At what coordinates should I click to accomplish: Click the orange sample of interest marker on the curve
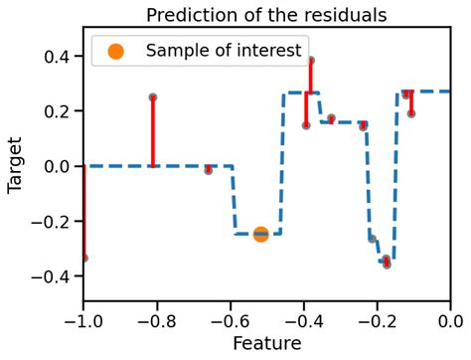coord(260,234)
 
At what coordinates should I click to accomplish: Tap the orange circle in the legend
coord(115,51)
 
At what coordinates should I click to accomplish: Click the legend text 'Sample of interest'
coord(223,51)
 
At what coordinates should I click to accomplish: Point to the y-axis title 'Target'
coord(15,166)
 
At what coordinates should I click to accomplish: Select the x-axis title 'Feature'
coord(265,344)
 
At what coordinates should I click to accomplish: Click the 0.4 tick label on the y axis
coord(58,57)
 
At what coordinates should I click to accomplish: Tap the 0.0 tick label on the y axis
coord(58,166)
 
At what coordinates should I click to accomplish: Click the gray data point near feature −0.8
coord(153,97)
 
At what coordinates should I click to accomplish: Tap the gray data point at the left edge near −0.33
coord(84,258)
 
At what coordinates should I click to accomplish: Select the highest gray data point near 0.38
coord(311,61)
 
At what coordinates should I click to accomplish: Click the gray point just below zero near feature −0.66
coord(208,170)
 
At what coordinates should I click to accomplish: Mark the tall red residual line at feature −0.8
coord(153,131)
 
